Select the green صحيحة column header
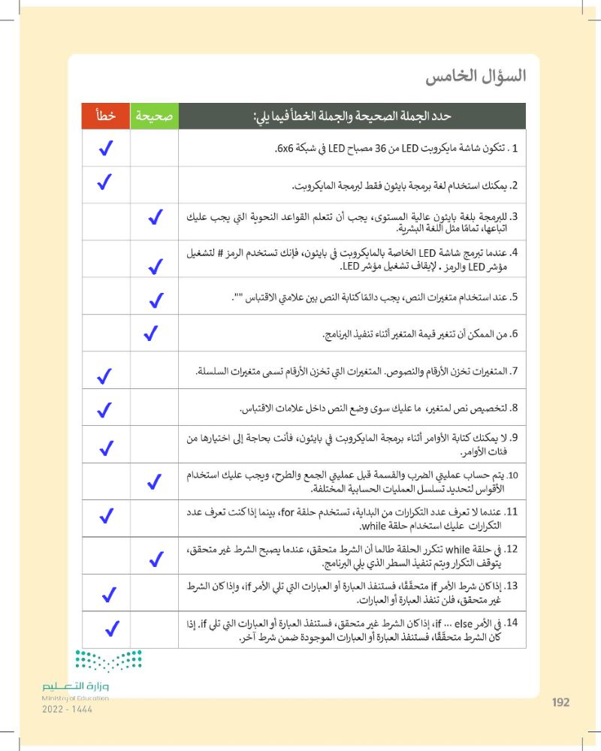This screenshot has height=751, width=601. tap(154, 117)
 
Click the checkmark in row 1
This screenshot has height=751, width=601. tap(106, 149)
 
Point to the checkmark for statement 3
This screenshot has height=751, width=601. tap(156, 219)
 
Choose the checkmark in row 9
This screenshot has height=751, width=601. tap(106, 448)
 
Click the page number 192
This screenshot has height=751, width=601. tap(560, 702)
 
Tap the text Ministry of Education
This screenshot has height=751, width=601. tap(75, 698)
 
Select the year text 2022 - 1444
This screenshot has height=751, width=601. tap(68, 709)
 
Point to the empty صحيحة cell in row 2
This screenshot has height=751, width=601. tap(154, 184)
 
